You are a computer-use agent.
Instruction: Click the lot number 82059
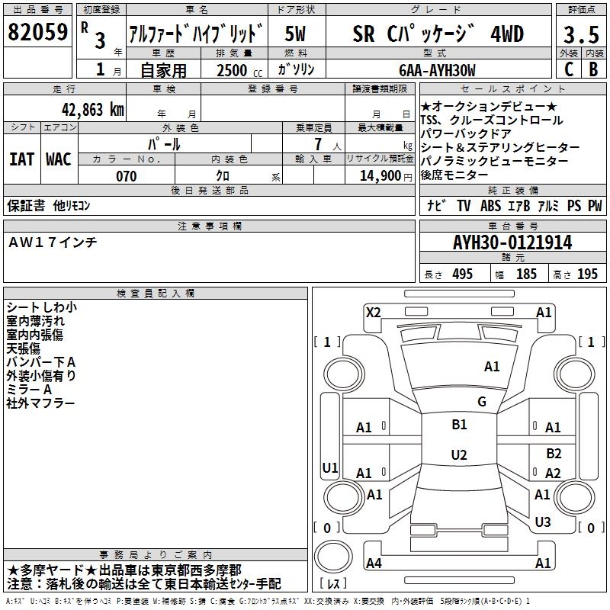tap(37, 32)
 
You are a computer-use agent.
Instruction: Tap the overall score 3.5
tap(581, 34)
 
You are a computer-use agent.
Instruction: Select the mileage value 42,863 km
tap(93, 110)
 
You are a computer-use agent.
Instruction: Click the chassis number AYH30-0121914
tap(512, 242)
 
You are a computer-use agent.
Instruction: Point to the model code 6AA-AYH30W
tap(437, 70)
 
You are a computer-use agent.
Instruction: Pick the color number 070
tap(127, 176)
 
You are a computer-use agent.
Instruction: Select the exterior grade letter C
tap(569, 69)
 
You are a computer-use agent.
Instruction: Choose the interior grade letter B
tap(593, 69)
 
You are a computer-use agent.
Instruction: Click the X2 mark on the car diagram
tap(373, 313)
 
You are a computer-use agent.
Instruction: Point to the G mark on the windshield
tap(482, 402)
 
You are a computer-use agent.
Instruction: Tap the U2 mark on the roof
tap(459, 454)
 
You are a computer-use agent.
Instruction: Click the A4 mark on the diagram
tap(374, 563)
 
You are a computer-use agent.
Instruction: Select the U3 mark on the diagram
tap(543, 522)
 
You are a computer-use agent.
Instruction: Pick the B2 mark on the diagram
tap(554, 454)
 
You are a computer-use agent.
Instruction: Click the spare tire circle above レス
tap(333, 557)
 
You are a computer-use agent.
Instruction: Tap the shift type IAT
tap(21, 159)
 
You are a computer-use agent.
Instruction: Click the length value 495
tap(462, 274)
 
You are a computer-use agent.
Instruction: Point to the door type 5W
tap(295, 34)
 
